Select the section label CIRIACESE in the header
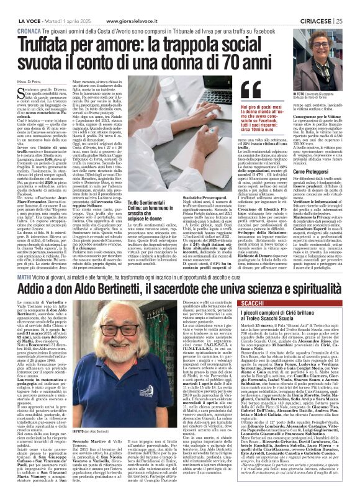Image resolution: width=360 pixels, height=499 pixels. (x=315, y=4)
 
